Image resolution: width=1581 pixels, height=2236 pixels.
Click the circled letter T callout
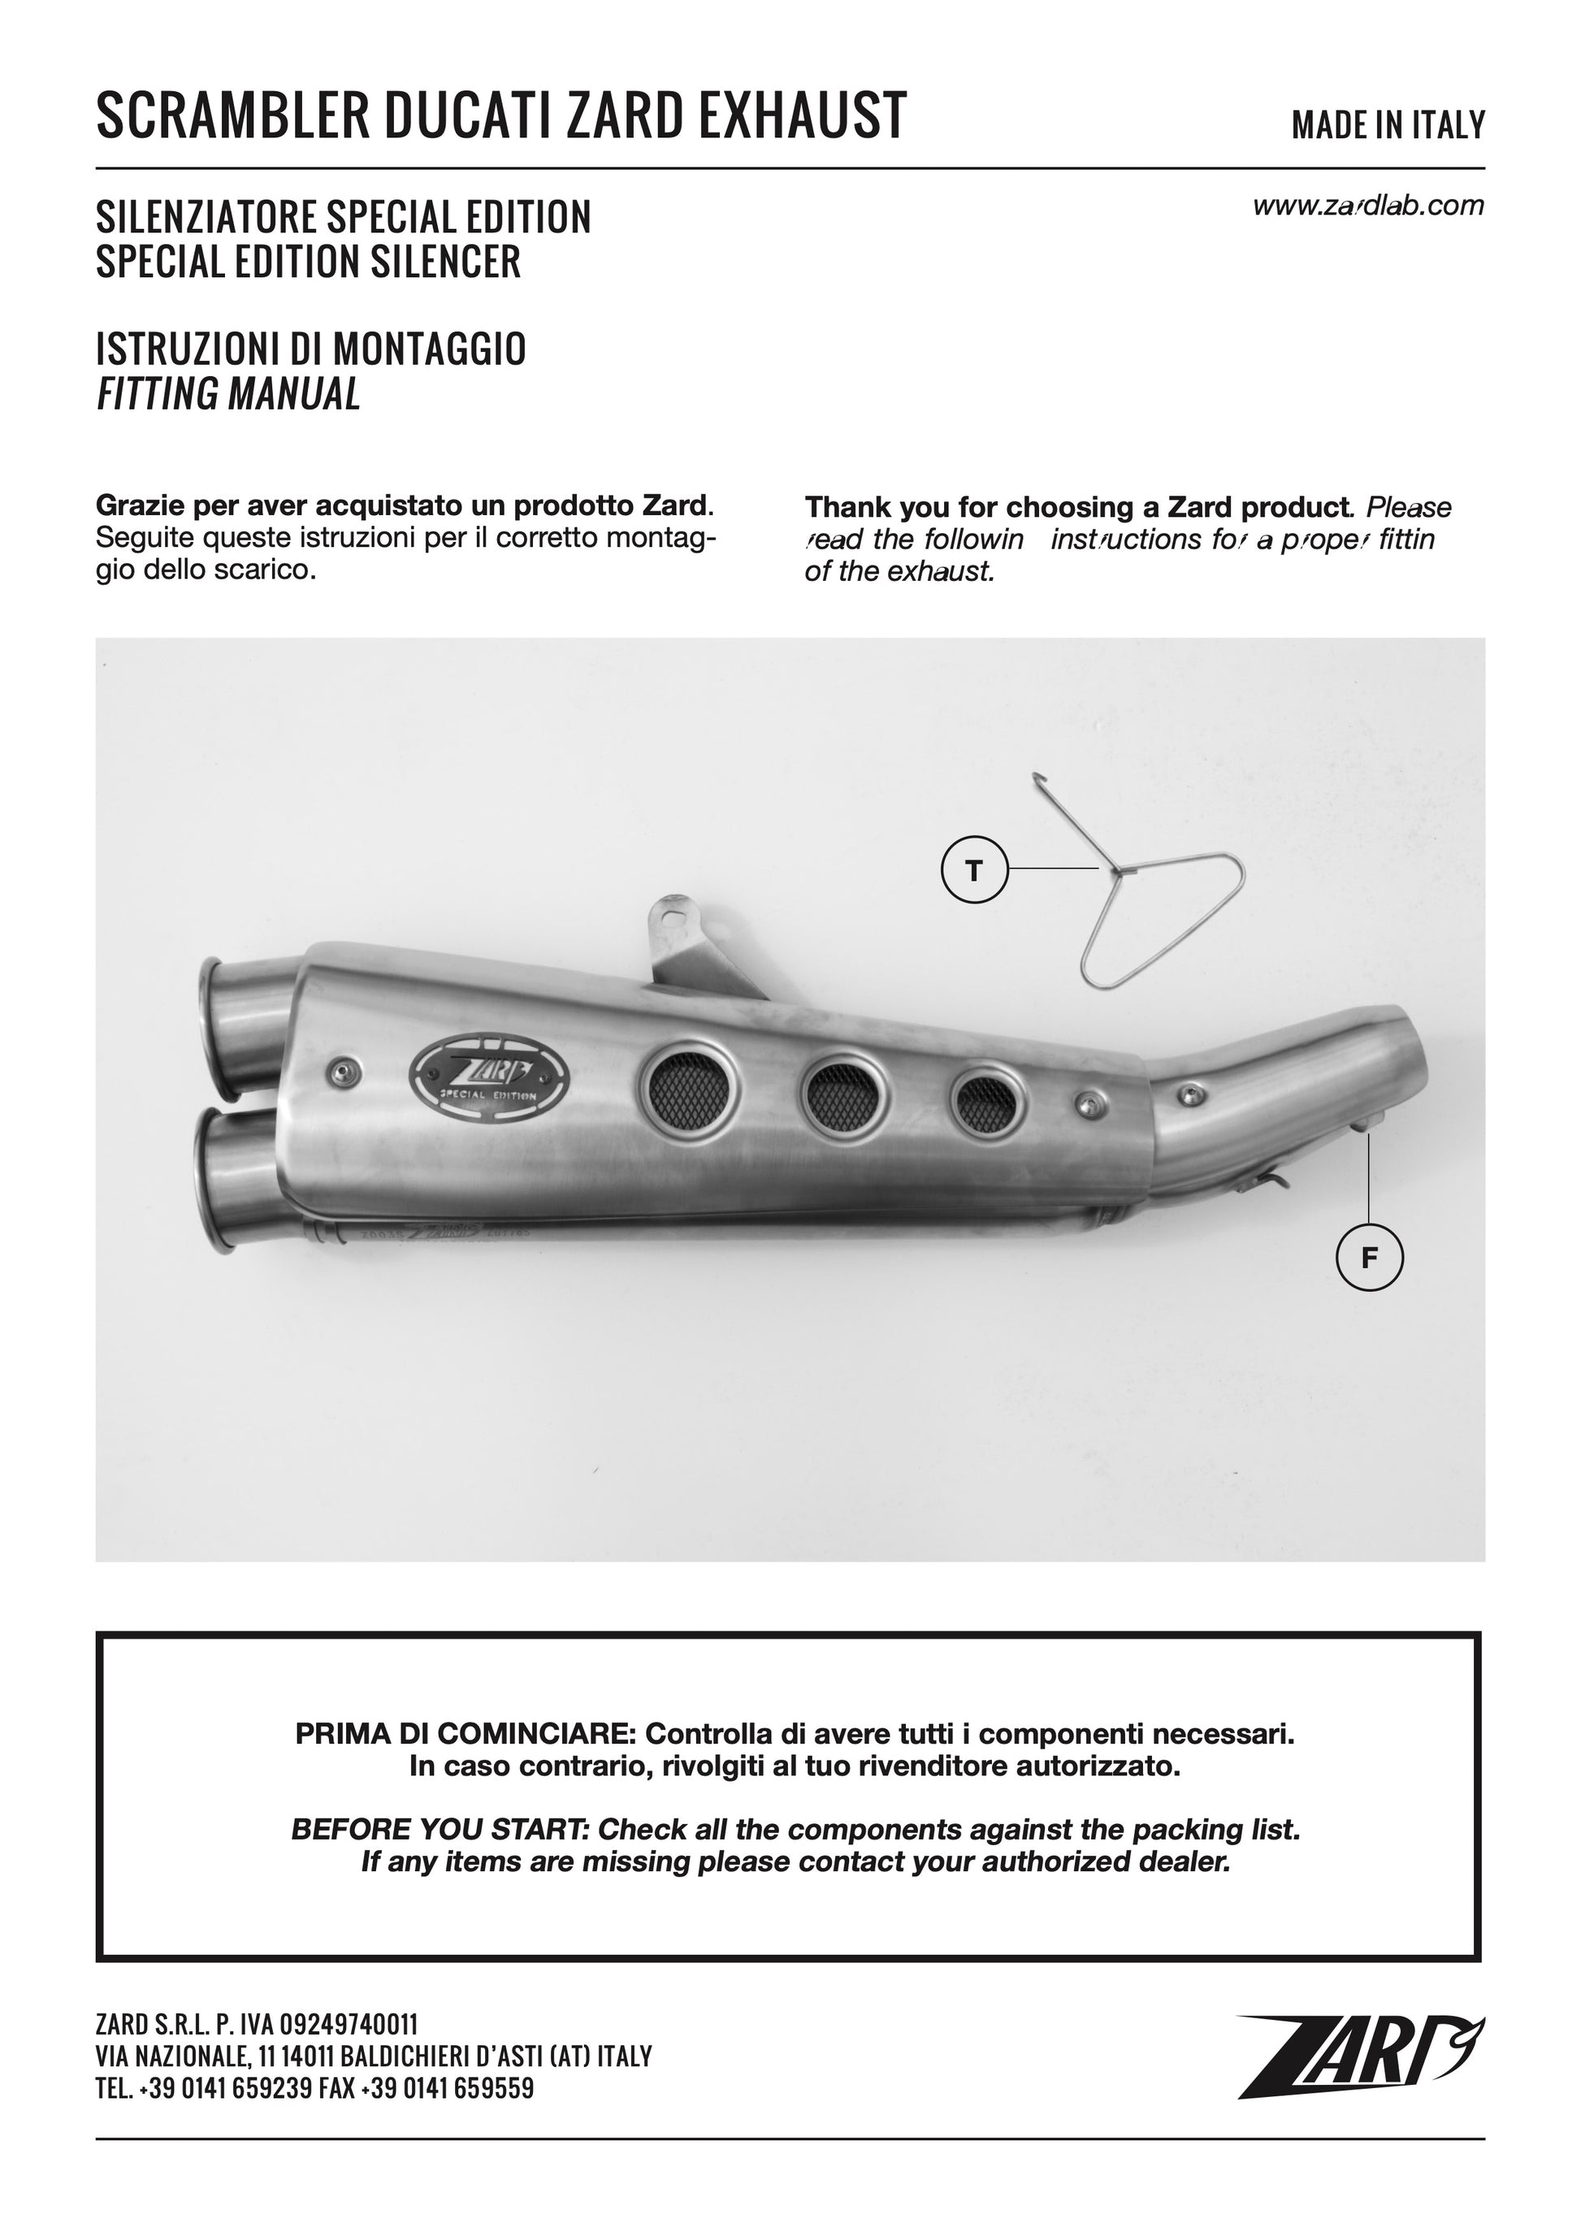point(974,868)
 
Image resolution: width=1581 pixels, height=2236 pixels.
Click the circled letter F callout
point(1370,1259)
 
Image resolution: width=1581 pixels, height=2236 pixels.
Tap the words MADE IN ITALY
point(1388,124)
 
